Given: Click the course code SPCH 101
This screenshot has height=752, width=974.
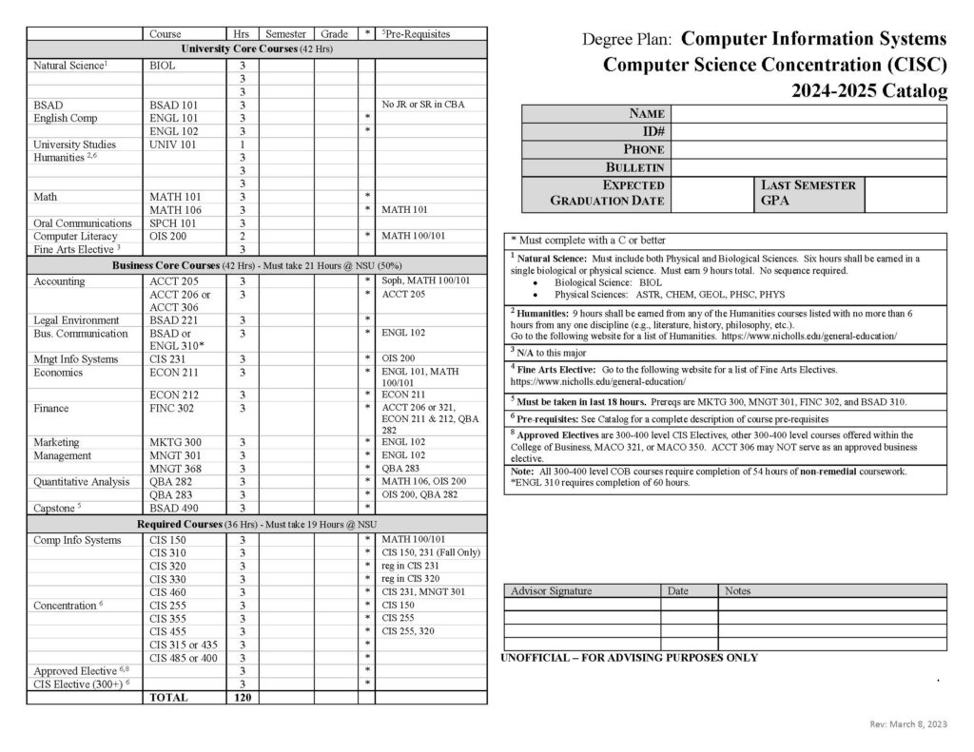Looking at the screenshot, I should (172, 223).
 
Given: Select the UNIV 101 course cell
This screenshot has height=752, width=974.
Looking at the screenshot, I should (171, 145).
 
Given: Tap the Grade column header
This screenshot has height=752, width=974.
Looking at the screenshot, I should (334, 34).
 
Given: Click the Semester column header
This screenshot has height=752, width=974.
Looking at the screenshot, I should (285, 34).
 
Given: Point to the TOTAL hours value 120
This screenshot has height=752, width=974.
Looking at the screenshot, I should (242, 697).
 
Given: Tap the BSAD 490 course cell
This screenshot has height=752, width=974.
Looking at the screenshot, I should (172, 508).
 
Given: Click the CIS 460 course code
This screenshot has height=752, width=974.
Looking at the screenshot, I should (168, 592).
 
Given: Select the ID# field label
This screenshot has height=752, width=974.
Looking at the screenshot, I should (653, 131).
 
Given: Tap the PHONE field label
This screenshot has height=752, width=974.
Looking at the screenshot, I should (643, 149).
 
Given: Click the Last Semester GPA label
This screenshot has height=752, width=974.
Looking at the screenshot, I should (808, 193).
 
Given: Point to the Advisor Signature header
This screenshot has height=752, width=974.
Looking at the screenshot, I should (551, 590).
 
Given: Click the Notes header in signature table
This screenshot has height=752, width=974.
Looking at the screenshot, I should (737, 590).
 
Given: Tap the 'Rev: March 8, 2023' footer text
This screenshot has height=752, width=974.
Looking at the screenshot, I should (908, 724).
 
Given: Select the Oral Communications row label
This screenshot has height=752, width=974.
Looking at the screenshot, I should (82, 223).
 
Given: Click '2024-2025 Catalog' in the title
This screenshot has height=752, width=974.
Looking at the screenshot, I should (868, 91).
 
